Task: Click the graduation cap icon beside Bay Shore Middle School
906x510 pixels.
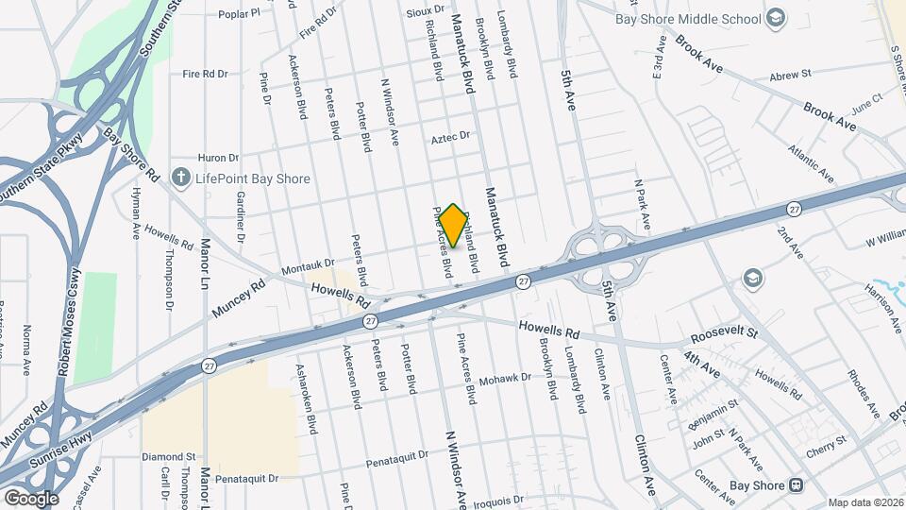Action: pos(775,18)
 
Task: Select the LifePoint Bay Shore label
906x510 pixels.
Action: pos(253,178)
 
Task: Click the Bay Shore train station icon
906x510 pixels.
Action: pos(796,485)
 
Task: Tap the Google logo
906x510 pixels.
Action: pos(31,498)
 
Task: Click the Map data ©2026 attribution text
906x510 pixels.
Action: pos(865,502)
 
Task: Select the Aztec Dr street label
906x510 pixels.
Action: pos(450,137)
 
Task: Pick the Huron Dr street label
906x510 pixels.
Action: pos(218,158)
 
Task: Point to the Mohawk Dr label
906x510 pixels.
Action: pos(506,380)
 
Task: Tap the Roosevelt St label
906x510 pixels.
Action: pos(724,334)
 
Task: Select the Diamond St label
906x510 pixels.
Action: pos(168,456)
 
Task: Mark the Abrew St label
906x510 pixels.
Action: pos(790,75)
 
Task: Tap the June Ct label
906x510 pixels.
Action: pos(865,98)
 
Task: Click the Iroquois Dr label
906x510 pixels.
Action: pos(497,499)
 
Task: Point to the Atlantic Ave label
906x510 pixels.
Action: pos(812,164)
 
